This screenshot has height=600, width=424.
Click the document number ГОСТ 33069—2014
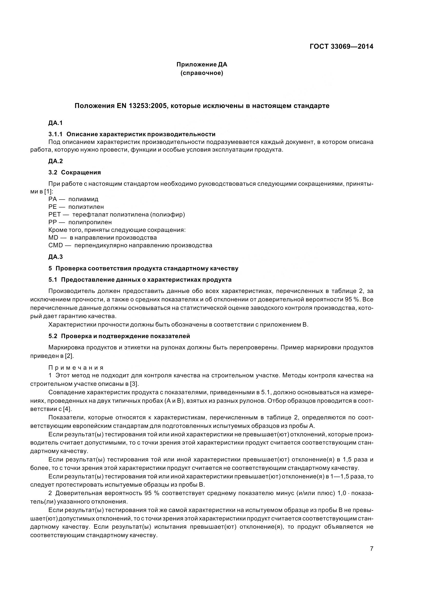pyautogui.click(x=341, y=46)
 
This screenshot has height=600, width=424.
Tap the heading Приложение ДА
pyautogui.click(x=202, y=64)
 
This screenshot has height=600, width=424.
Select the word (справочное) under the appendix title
pyautogui.click(x=202, y=73)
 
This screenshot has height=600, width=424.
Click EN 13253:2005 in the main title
pyautogui.click(x=141, y=106)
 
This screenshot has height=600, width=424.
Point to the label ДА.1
pyautogui.click(x=55, y=123)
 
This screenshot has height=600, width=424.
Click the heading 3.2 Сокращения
pyautogui.click(x=74, y=172)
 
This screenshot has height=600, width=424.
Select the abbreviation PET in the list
pyautogui.click(x=54, y=214)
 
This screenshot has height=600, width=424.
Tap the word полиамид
pyautogui.click(x=83, y=199)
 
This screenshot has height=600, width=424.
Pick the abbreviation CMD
pyautogui.click(x=56, y=245)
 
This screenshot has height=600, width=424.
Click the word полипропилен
pyautogui.click(x=90, y=222)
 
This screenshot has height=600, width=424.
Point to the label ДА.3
pyautogui.click(x=55, y=257)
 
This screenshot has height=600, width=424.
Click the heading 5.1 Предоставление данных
pyautogui.click(x=140, y=280)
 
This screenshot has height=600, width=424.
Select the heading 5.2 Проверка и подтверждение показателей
pyautogui.click(x=119, y=336)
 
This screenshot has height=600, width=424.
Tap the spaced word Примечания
pyautogui.click(x=76, y=368)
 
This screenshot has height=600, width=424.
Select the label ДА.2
pyautogui.click(x=55, y=161)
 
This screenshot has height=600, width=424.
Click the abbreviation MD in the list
pyautogui.click(x=53, y=238)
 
